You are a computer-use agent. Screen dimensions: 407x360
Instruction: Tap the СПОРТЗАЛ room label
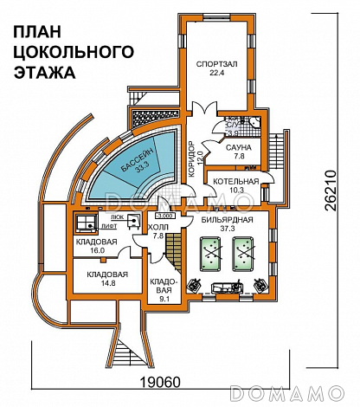tap(216, 64)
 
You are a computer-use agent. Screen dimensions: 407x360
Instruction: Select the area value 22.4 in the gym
tap(215, 74)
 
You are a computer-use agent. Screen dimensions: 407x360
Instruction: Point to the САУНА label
tap(240, 148)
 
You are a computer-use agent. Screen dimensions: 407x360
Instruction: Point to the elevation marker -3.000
tap(141, 215)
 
